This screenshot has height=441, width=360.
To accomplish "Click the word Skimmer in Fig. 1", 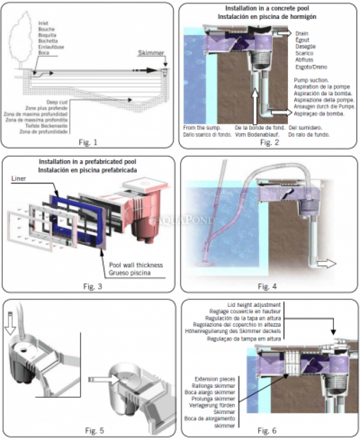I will pos(151,52).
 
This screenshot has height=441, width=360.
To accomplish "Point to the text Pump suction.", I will pos(312,80).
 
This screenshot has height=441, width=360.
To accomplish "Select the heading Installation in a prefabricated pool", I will pos(88,161).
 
